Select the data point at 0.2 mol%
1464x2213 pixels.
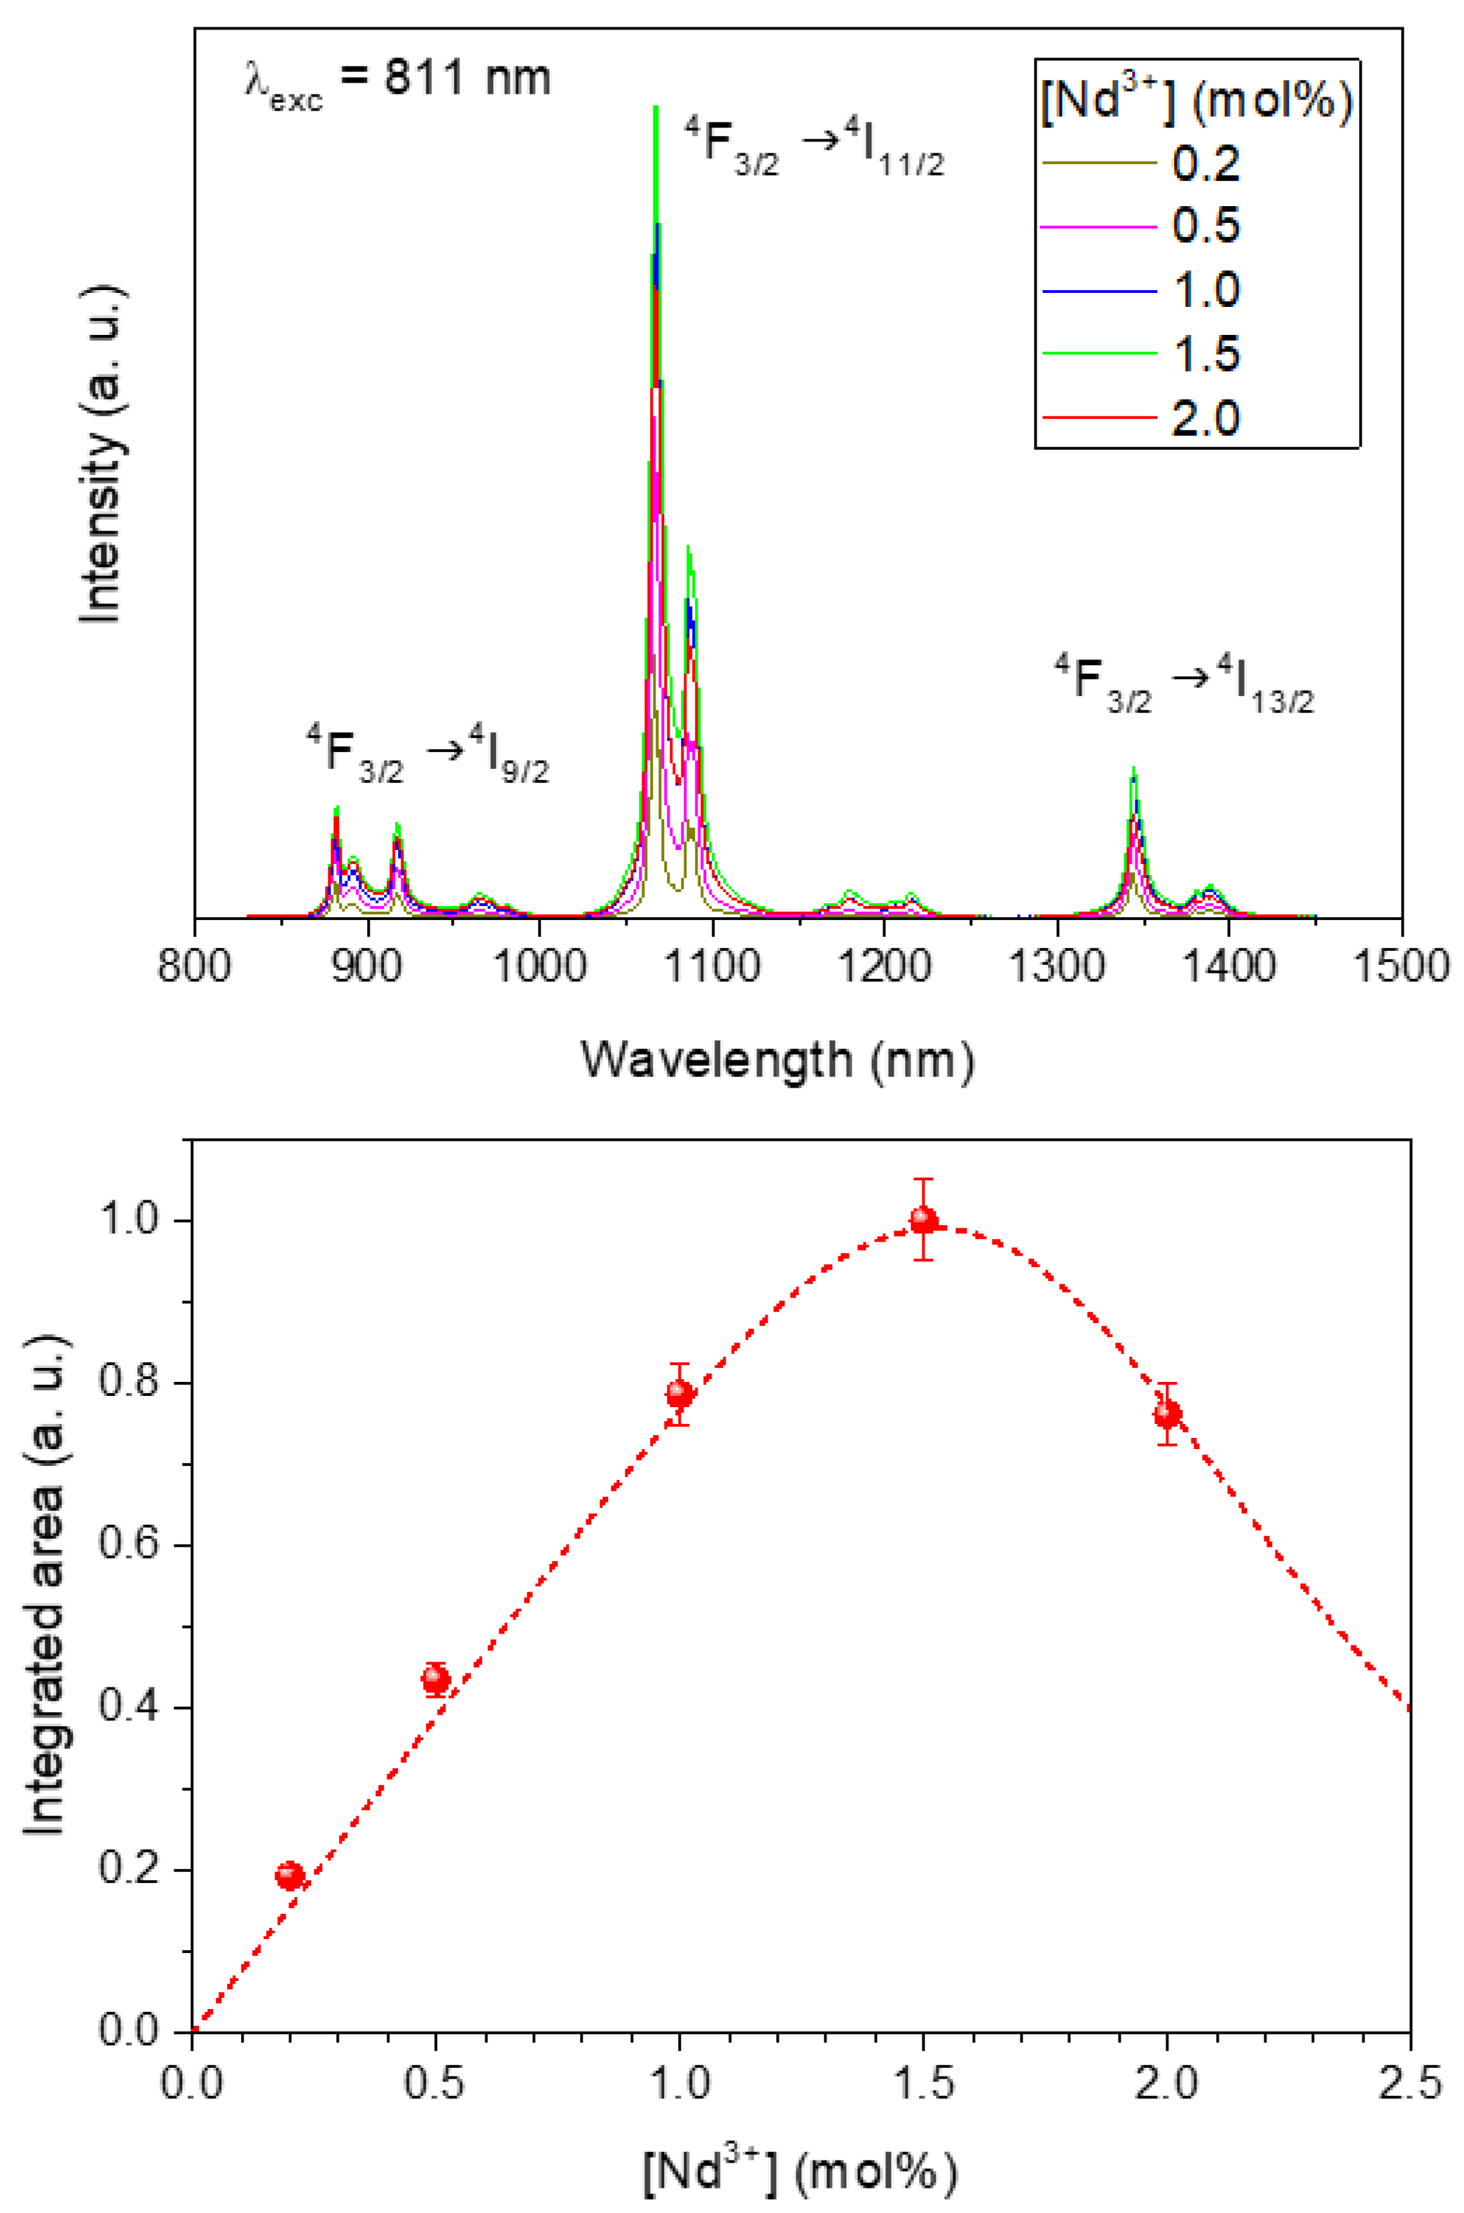tap(291, 1875)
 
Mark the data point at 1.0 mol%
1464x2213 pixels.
tap(679, 1394)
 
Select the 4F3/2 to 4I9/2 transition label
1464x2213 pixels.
tap(427, 753)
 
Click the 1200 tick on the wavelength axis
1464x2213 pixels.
tap(884, 966)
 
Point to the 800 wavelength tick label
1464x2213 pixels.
tap(194, 966)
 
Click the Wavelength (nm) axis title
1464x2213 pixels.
tap(778, 1061)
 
